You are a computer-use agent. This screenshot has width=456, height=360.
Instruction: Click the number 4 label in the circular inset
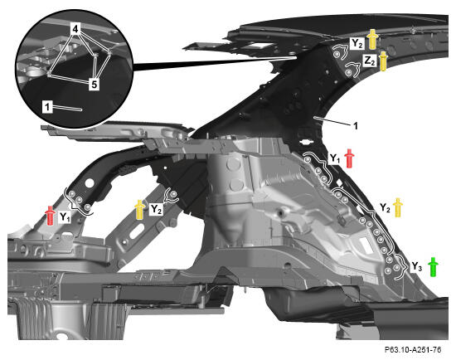click(75, 29)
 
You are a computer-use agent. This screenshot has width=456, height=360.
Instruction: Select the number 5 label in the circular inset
click(95, 84)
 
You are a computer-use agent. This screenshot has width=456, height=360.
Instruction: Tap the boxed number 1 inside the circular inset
click(47, 107)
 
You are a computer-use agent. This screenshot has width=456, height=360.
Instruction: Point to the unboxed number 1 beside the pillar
click(356, 126)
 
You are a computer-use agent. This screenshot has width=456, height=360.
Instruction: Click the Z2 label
click(370, 61)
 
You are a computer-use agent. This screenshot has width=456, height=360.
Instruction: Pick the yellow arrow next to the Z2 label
click(383, 61)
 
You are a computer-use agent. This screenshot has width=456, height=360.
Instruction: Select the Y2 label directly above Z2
click(357, 44)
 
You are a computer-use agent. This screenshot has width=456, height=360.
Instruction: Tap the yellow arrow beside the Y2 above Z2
click(372, 39)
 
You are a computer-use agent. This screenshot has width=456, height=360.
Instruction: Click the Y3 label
click(417, 266)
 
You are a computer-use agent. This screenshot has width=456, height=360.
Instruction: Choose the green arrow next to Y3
click(433, 267)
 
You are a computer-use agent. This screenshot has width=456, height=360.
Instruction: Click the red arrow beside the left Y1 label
click(51, 216)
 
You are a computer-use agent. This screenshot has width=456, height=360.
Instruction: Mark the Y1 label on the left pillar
click(65, 217)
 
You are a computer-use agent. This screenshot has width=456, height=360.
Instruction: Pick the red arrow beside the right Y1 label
click(349, 158)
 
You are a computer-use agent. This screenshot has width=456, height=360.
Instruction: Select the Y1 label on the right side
click(335, 158)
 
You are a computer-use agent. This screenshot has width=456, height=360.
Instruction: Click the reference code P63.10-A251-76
click(413, 349)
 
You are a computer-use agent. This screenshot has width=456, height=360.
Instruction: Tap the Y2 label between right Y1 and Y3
click(385, 208)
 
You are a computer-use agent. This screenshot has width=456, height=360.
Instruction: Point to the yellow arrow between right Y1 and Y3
click(397, 207)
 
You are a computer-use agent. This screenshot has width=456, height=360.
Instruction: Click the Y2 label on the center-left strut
click(156, 209)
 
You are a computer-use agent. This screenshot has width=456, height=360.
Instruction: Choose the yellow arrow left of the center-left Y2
click(140, 210)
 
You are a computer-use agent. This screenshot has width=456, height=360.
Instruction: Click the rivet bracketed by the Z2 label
click(348, 72)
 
